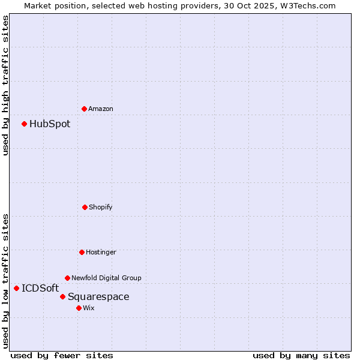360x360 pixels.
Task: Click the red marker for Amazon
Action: [x=84, y=109]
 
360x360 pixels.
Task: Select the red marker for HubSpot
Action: [x=24, y=124]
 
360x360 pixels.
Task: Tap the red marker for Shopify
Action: [x=85, y=207]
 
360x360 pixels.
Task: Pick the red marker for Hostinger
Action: [x=82, y=252]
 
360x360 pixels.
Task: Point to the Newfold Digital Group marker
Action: [x=67, y=278]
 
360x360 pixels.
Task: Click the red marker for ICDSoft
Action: [x=16, y=288]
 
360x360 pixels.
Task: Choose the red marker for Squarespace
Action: [x=62, y=296]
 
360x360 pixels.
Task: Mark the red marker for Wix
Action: [x=79, y=308]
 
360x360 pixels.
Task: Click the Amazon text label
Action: [x=101, y=109]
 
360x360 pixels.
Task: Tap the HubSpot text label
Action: [x=50, y=124]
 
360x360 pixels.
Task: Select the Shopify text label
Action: [x=101, y=207]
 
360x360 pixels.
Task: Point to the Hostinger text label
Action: [x=101, y=252]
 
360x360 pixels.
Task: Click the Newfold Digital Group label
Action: [x=107, y=278]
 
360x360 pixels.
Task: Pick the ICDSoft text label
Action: [x=40, y=288]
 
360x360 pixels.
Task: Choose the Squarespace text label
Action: [x=98, y=296]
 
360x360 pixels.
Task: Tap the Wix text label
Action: [x=89, y=308]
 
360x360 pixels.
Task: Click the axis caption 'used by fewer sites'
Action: [x=62, y=355]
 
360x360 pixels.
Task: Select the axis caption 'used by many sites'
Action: [x=301, y=355]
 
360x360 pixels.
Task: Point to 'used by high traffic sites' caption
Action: [x=5, y=85]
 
